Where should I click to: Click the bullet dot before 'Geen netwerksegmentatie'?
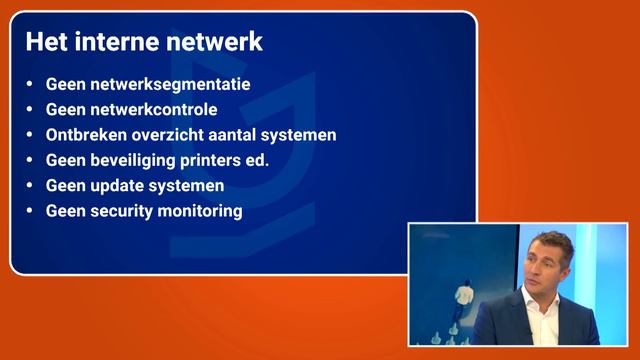coord(30,85)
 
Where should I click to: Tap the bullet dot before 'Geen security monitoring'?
coord(30,212)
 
